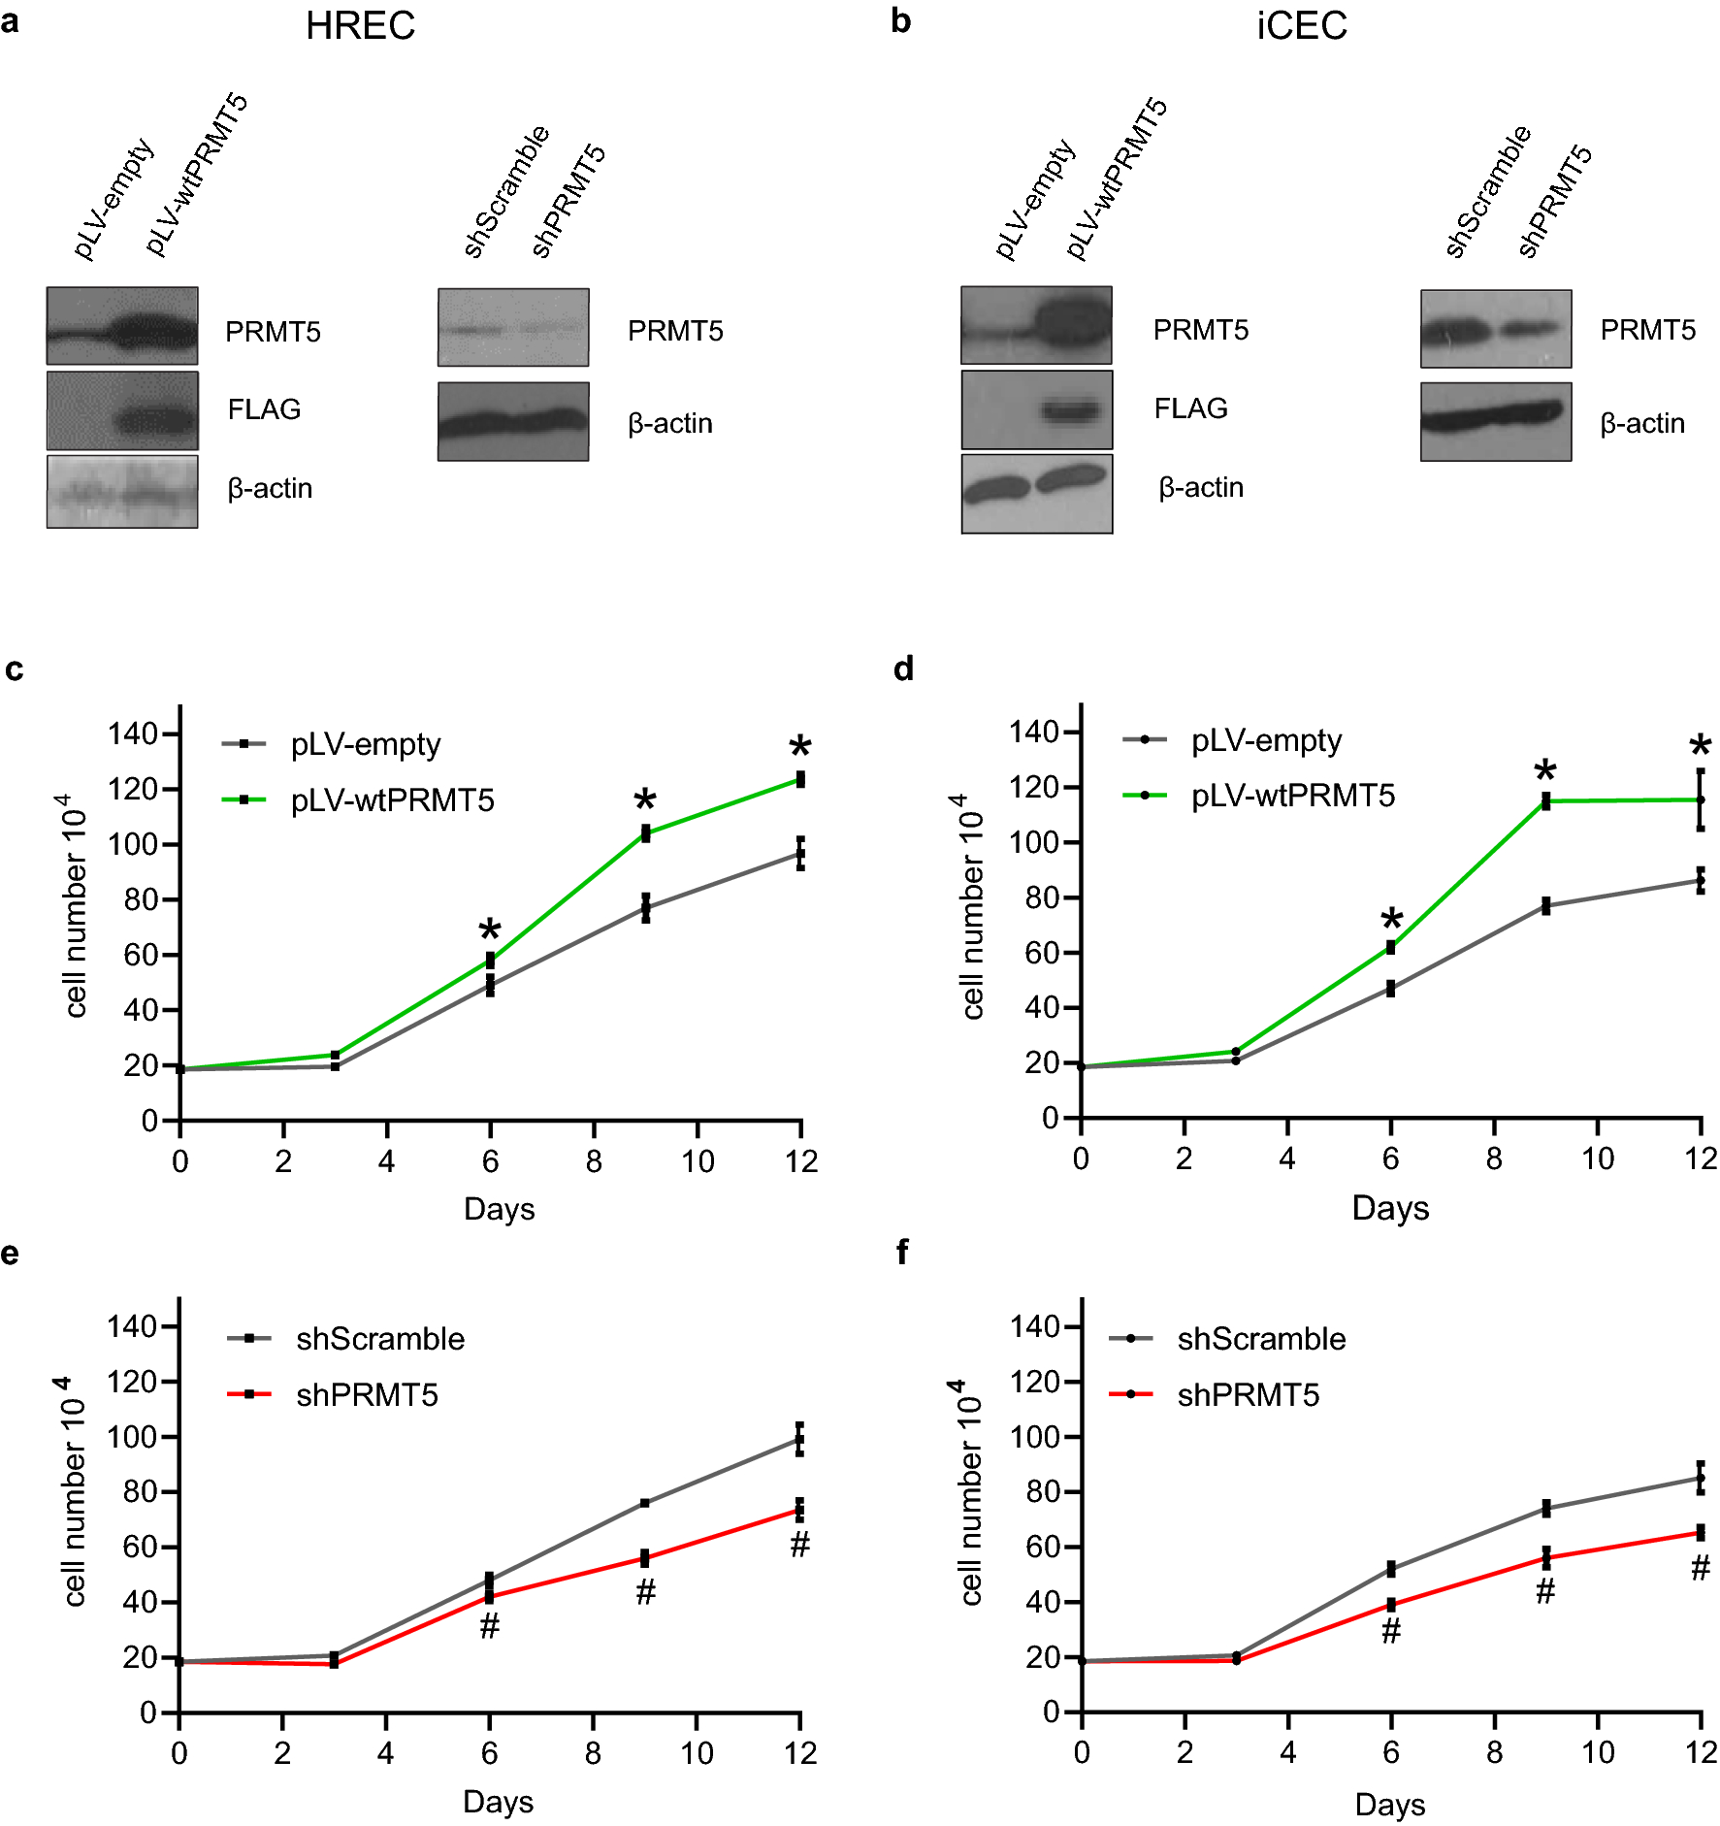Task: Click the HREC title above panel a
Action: tap(360, 26)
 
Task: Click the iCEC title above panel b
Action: tap(1301, 26)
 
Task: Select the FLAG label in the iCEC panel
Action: tap(1190, 408)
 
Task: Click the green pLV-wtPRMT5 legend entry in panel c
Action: tap(392, 800)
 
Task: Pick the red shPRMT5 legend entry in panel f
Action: tap(1248, 1395)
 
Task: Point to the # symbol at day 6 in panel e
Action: tap(490, 1626)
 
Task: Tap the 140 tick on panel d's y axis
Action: tap(1033, 732)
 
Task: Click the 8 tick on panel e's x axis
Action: tap(593, 1753)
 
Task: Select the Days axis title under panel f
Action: tap(1389, 1805)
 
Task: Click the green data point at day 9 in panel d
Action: tap(1545, 800)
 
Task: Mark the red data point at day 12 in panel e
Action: tap(799, 1510)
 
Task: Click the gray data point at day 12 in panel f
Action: tap(1700, 1479)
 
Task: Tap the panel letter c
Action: tap(14, 669)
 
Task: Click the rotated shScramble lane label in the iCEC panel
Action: tap(1487, 192)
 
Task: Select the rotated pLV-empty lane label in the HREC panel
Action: tap(113, 199)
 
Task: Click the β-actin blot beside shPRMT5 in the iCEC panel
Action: tap(1496, 421)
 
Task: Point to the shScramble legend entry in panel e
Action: tap(379, 1339)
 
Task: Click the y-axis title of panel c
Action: tap(75, 906)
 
